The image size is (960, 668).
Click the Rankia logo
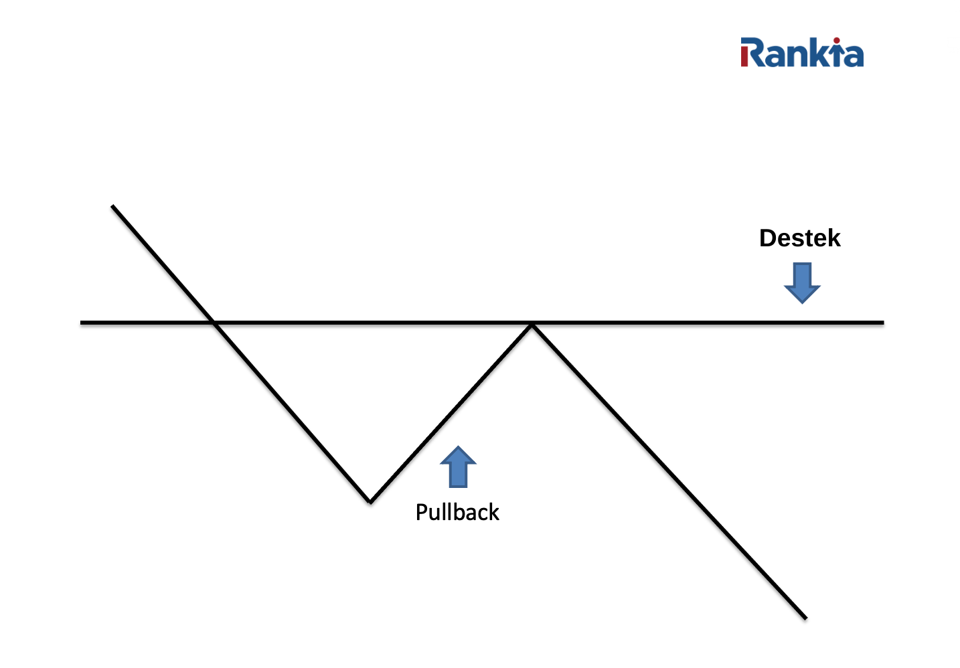[801, 53]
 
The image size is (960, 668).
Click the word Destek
[799, 238]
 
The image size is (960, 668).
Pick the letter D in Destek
[767, 238]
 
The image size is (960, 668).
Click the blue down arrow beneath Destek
[802, 281]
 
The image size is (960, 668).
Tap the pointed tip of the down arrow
[802, 302]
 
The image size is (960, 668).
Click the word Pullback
[457, 513]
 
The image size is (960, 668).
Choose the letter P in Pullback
[421, 512]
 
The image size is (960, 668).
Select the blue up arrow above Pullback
[458, 467]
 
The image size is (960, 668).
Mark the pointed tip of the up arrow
[458, 448]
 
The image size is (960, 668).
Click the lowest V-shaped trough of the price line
[370, 501]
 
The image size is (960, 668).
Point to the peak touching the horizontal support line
[532, 325]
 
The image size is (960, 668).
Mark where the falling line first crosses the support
[214, 323]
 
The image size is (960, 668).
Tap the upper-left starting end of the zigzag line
[113, 207]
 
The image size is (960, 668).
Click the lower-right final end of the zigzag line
[805, 617]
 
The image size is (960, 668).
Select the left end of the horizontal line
[82, 323]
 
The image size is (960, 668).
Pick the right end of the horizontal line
[882, 323]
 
